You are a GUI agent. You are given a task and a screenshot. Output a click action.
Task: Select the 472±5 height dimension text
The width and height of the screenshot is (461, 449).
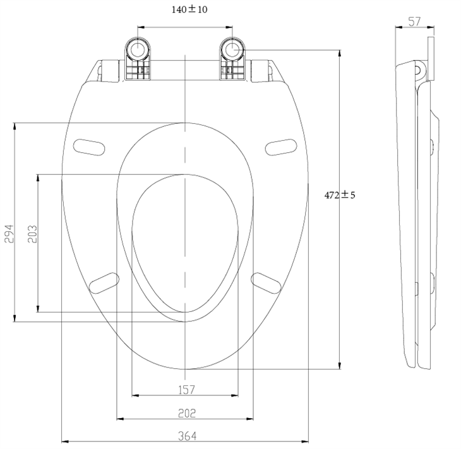[340, 195]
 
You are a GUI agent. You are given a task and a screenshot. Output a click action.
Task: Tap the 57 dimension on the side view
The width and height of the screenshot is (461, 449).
[414, 21]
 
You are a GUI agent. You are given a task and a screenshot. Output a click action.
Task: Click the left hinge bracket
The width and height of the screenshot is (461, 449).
[138, 59]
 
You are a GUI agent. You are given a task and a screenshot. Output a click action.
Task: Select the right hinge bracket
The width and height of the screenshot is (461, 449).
[231, 59]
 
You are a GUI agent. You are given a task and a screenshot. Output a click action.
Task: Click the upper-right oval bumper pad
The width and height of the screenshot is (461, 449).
[281, 147]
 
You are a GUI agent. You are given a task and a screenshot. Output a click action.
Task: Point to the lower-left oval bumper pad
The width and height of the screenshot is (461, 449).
[105, 282]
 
